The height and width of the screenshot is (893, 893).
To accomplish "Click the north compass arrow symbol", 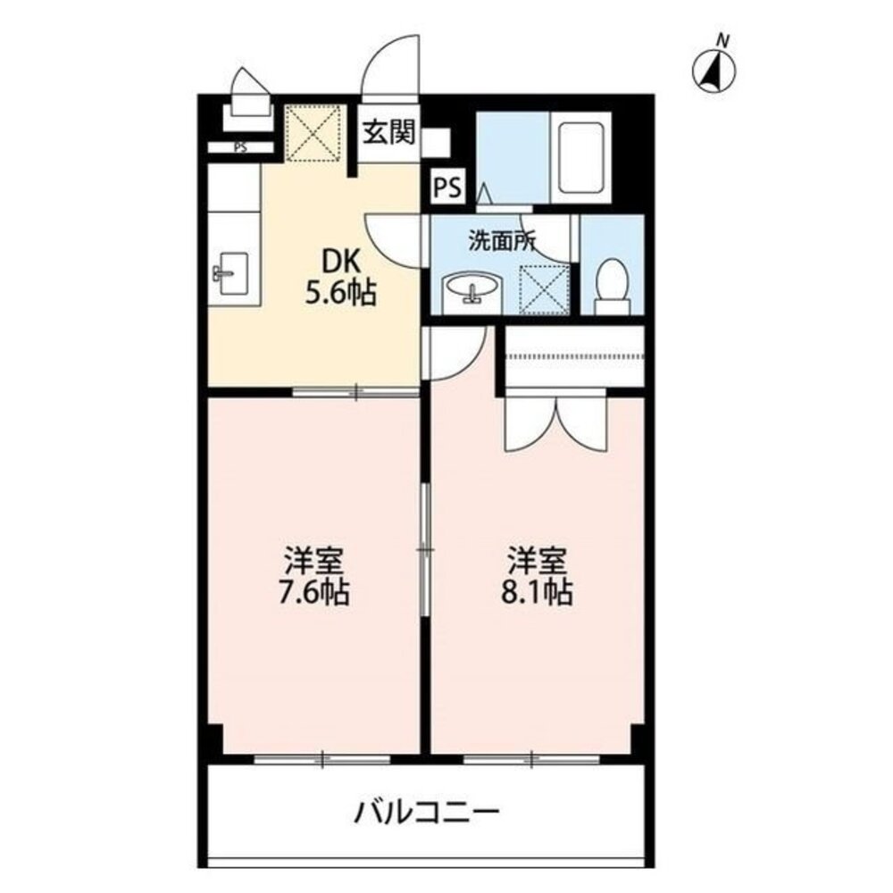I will (x=715, y=69).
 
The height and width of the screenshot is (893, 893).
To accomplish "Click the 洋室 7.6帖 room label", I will (x=315, y=578).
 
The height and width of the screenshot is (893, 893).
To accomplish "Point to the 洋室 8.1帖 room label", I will (x=538, y=578).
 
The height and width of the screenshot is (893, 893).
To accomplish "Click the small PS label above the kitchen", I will (x=240, y=148).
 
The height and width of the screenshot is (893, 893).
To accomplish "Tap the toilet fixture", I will (x=613, y=284).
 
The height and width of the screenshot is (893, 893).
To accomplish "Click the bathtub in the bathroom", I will (x=580, y=156).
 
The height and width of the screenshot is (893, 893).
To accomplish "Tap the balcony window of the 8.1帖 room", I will (x=531, y=759).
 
